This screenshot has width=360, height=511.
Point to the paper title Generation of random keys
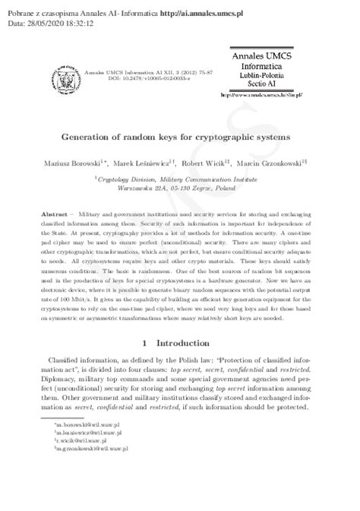click(179, 140)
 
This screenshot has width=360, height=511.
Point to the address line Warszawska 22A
click(180, 186)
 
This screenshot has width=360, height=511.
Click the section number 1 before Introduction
click(142, 344)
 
